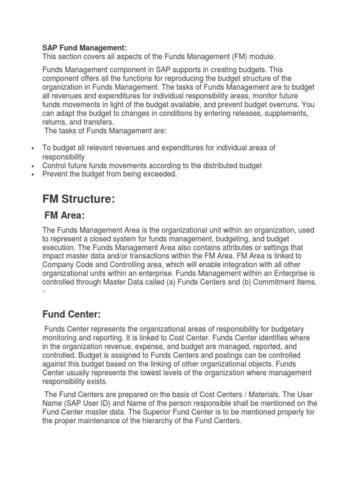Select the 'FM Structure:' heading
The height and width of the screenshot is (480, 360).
79,199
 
